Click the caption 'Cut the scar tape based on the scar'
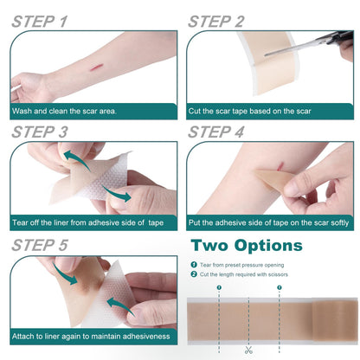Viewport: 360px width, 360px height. (251, 111)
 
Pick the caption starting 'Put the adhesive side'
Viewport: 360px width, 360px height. (269, 222)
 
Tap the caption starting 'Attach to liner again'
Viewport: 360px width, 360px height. (87, 334)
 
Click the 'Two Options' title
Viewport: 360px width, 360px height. (247, 246)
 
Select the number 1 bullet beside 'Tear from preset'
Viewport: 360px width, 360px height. (195, 265)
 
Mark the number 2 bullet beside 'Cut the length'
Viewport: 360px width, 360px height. (195, 275)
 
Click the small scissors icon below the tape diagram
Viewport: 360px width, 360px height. (248, 350)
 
